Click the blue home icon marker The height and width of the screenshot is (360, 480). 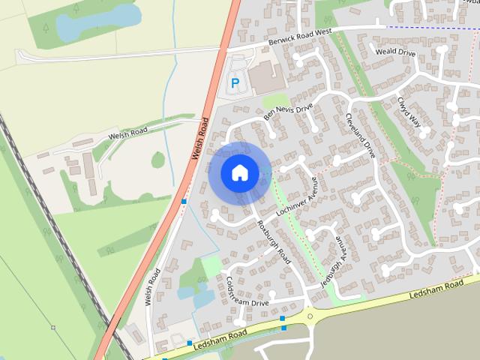[x=240, y=172]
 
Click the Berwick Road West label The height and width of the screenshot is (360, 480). [x=299, y=38]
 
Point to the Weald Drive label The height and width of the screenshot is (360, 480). [x=395, y=52]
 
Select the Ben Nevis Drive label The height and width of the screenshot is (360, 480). [x=287, y=113]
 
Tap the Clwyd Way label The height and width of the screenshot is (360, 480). [x=409, y=112]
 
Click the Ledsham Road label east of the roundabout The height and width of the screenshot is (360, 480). [x=438, y=290]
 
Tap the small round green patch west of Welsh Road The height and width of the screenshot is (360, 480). [x=157, y=160]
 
